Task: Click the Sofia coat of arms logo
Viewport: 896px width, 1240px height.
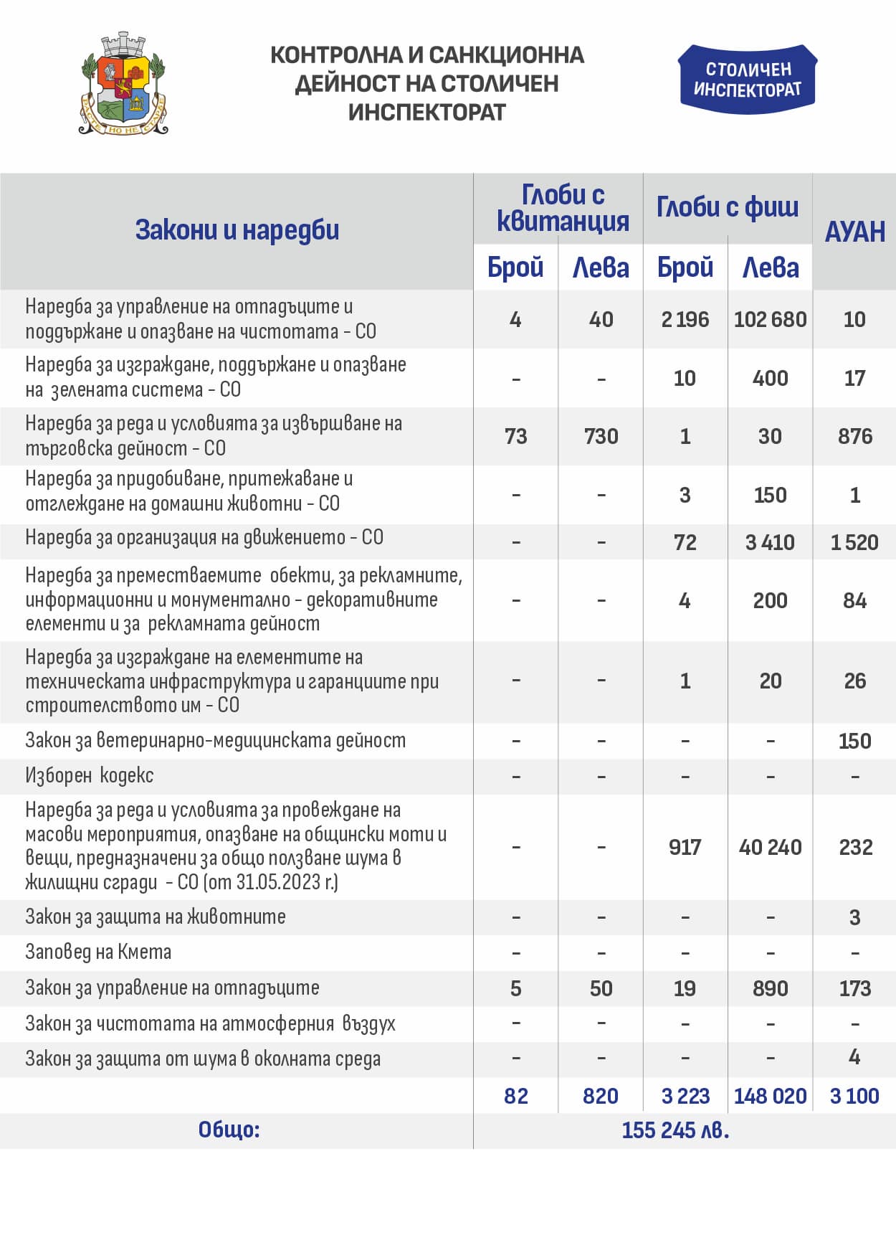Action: click(x=123, y=84)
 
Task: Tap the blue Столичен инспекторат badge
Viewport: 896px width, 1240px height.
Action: click(x=747, y=80)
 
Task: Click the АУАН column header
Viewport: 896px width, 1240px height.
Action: click(x=854, y=232)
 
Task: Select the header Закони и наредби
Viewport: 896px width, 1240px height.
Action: click(x=237, y=230)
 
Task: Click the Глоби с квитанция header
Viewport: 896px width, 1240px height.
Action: click(x=563, y=208)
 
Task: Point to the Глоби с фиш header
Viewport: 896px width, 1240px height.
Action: click(x=727, y=207)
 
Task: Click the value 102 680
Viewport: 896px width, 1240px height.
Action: click(x=770, y=319)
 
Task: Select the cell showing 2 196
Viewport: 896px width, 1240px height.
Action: click(x=685, y=319)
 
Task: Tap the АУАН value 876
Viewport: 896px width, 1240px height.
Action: click(x=854, y=436)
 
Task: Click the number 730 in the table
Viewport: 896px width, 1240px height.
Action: click(x=601, y=436)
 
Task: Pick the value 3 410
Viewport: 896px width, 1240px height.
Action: click(x=770, y=542)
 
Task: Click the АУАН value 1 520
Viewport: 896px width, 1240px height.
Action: click(x=854, y=542)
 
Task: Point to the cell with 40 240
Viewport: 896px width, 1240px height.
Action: click(x=770, y=847)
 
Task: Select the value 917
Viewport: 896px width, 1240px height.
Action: click(x=685, y=847)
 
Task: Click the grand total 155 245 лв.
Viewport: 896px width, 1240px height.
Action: click(x=675, y=1130)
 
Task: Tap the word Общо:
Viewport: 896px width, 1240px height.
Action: click(x=229, y=1130)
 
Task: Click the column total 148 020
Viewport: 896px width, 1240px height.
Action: click(x=770, y=1096)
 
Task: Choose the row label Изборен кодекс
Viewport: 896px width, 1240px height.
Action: click(x=89, y=775)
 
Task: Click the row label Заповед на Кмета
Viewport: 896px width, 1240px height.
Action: click(x=98, y=952)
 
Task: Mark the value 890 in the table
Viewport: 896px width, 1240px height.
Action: click(x=770, y=988)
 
